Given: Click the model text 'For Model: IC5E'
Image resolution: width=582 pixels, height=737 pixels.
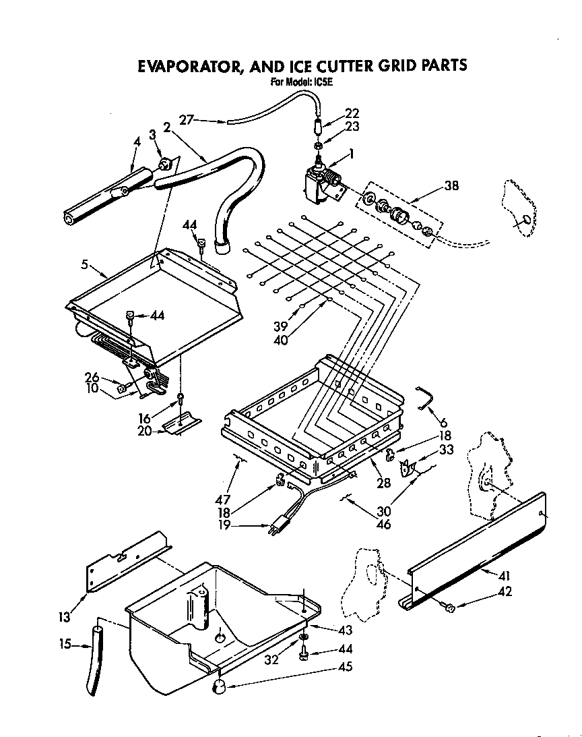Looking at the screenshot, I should [302, 83].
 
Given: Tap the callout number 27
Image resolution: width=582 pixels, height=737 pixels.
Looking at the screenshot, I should [187, 120].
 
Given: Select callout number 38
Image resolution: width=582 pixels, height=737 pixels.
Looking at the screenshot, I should [451, 185].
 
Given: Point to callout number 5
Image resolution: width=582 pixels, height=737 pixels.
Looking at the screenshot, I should [85, 265].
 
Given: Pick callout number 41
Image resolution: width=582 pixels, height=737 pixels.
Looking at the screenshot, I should [504, 577].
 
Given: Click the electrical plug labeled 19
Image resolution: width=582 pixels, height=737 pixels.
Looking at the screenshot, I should [277, 527].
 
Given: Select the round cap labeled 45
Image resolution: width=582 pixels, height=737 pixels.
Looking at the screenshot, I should [220, 687].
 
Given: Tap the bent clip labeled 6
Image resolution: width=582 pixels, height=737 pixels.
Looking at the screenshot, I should [424, 397].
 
